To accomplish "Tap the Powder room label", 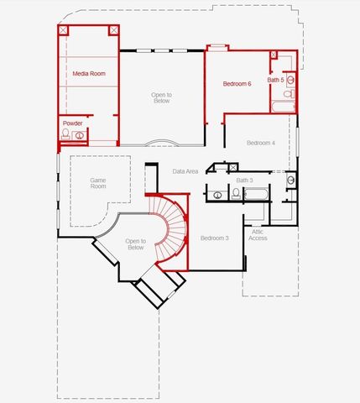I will click(x=73, y=123).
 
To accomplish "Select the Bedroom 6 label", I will click(x=237, y=84).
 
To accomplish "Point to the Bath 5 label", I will click(x=275, y=80).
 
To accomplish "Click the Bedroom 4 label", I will click(x=260, y=143).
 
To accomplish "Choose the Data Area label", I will click(x=185, y=171).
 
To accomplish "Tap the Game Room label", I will click(x=98, y=182).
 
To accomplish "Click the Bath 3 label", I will click(x=244, y=180).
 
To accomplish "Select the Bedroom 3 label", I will click(x=214, y=238).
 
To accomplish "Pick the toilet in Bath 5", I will click(x=288, y=95).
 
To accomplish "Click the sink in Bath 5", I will click(x=291, y=80).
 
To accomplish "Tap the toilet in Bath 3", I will click(x=236, y=194).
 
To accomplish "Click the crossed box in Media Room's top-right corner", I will click(x=113, y=30).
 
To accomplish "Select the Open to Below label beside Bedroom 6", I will click(x=161, y=97).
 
